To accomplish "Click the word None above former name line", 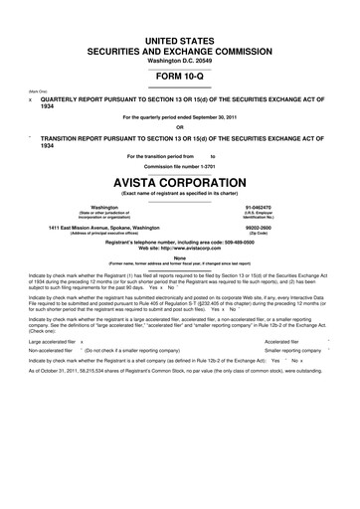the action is pos(180,257).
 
